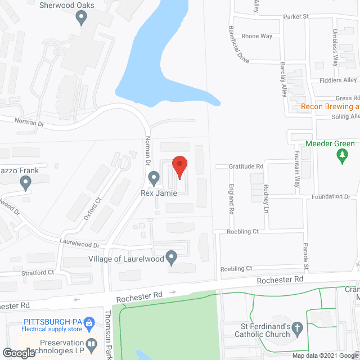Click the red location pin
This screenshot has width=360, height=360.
179,166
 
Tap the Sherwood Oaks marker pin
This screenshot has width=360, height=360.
81,18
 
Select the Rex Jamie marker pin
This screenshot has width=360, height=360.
154,179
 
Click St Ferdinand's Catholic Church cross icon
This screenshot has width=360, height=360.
297,327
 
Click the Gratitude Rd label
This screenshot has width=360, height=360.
246,166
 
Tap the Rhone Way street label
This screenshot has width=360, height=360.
256,36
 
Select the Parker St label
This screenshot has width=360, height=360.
296,17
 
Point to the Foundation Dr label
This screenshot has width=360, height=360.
331,196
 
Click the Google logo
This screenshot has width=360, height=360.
18,353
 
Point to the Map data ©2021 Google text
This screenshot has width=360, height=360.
325,355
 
